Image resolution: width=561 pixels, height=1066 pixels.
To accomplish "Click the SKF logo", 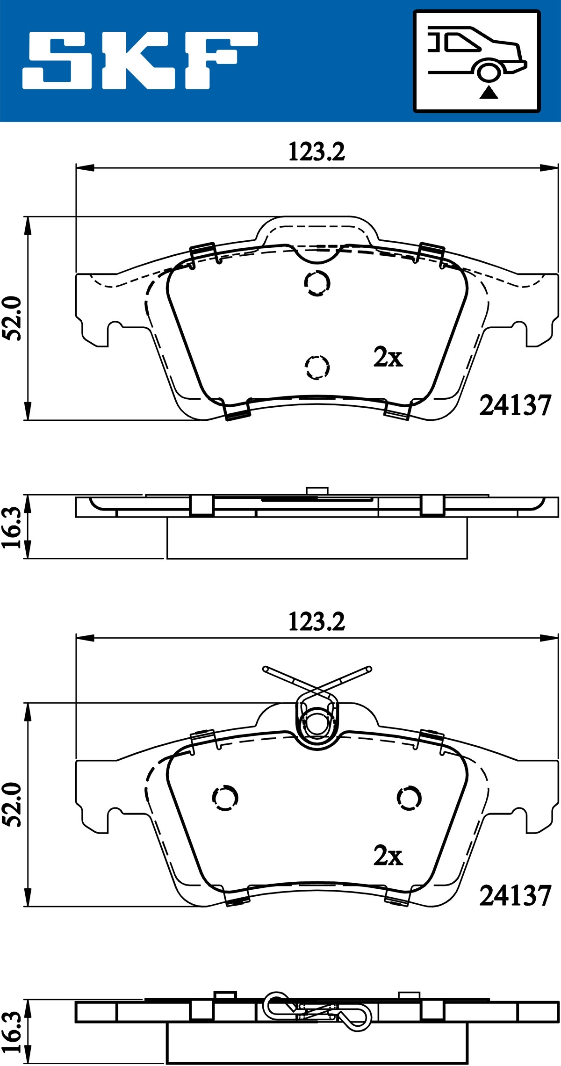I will click(x=140, y=61).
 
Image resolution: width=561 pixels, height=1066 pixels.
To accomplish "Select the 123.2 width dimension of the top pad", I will click(x=316, y=152).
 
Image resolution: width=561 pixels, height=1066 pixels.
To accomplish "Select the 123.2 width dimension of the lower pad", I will click(x=316, y=622).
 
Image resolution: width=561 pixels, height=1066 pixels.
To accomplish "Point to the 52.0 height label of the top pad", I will click(x=13, y=318).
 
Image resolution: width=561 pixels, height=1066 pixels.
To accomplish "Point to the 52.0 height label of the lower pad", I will click(x=13, y=804).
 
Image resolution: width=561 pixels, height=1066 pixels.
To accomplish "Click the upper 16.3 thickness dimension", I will click(x=13, y=527).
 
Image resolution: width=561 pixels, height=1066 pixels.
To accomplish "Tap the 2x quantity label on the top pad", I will click(x=388, y=358).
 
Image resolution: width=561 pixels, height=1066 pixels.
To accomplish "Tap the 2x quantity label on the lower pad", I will click(x=388, y=856).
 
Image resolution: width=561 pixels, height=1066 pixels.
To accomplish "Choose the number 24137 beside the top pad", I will click(x=515, y=405).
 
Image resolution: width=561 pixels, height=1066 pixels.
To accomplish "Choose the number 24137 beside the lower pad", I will click(x=515, y=896).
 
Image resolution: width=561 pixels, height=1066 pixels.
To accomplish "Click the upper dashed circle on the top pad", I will click(x=317, y=283).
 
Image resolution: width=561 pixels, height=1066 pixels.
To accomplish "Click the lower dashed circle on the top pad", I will click(x=317, y=367).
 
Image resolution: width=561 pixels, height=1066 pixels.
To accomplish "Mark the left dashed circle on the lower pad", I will click(x=225, y=798).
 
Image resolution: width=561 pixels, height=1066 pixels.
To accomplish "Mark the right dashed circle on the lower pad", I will click(x=409, y=798).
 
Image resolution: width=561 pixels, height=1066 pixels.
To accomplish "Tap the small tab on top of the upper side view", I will click(x=317, y=490).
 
